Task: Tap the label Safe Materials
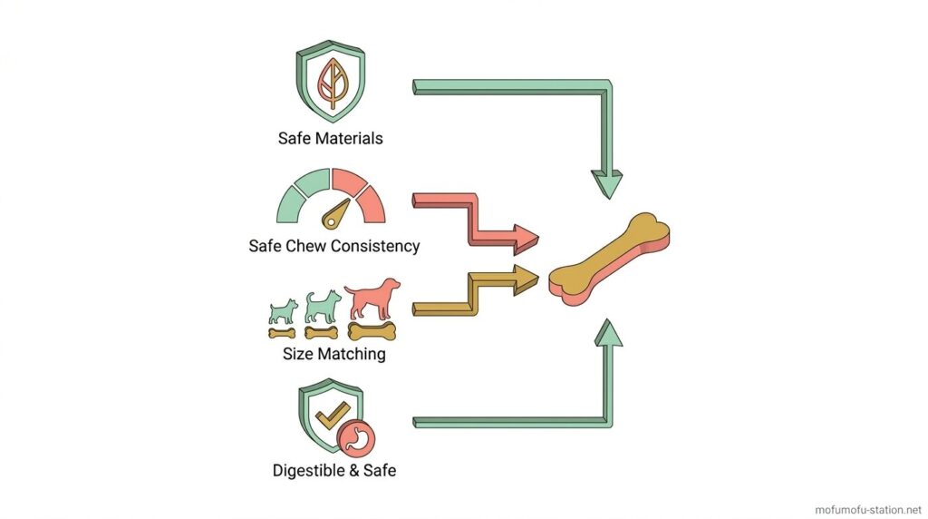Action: (330, 139)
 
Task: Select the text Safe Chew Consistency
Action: (333, 246)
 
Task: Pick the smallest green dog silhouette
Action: (282, 310)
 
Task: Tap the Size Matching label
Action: (333, 354)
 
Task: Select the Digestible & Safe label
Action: (333, 471)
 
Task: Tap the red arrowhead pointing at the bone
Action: (523, 239)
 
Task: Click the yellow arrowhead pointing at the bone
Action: (523, 279)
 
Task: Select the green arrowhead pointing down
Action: (606, 183)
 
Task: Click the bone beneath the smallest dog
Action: (282, 333)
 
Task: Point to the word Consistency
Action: (374, 246)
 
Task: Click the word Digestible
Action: (311, 471)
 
